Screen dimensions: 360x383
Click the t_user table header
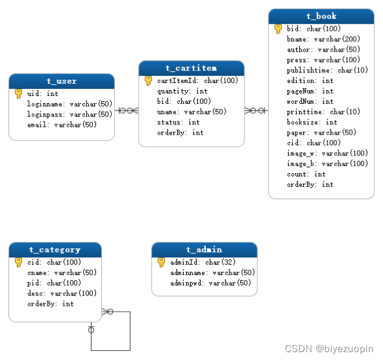[61, 81]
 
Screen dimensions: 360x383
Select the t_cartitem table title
[191, 68]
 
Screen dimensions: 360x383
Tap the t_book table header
[321, 16]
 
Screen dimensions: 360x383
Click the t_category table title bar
[55, 250]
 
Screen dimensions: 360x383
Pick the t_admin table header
[204, 250]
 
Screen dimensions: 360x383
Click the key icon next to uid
[18, 93]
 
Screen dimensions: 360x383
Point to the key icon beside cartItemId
[148, 80]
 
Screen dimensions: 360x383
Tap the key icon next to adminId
[161, 262]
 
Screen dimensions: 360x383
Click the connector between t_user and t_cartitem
[127, 110]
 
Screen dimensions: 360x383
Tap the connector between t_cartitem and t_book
[256, 110]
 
